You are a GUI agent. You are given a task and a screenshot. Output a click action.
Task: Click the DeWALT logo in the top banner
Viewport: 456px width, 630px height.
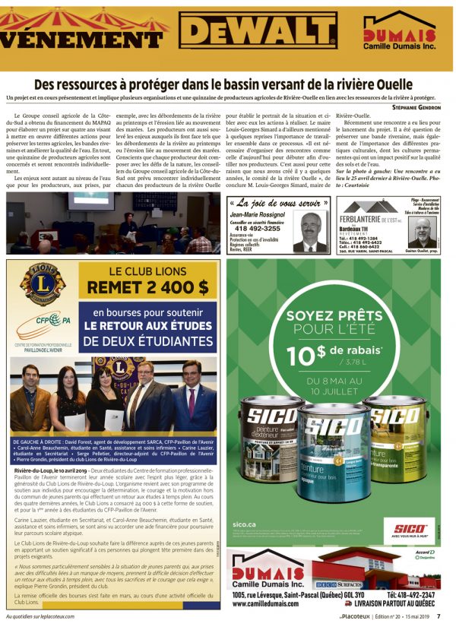click(259, 32)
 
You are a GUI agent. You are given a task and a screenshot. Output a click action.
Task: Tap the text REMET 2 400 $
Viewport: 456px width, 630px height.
click(147, 287)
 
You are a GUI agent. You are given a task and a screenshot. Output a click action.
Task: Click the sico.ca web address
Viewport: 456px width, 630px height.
click(245, 524)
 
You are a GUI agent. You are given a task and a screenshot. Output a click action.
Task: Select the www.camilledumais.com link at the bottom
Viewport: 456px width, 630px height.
click(265, 603)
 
